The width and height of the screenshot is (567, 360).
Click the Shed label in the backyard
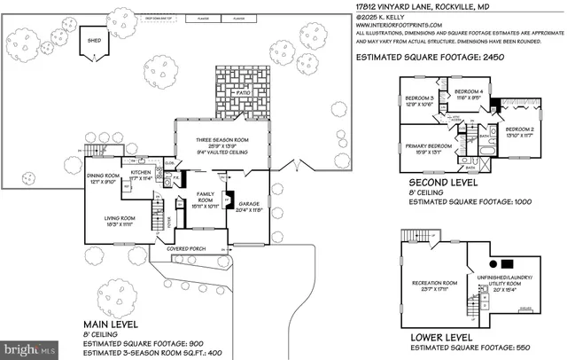(91, 39)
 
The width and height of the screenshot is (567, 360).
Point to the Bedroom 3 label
(420, 98)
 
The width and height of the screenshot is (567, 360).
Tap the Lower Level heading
(445, 339)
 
